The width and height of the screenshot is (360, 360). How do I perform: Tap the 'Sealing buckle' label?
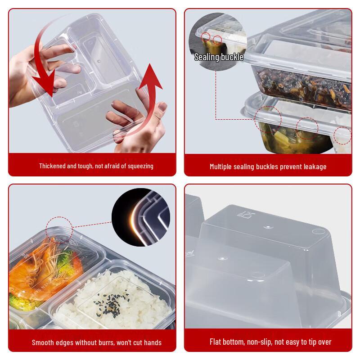(x=219, y=57)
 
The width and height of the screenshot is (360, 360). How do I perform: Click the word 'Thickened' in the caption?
(x=53, y=166)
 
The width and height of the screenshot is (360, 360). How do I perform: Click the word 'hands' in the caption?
(x=152, y=342)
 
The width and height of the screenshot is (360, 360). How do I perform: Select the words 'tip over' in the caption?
(x=319, y=342)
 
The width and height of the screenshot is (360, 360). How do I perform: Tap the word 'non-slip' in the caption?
(x=260, y=342)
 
